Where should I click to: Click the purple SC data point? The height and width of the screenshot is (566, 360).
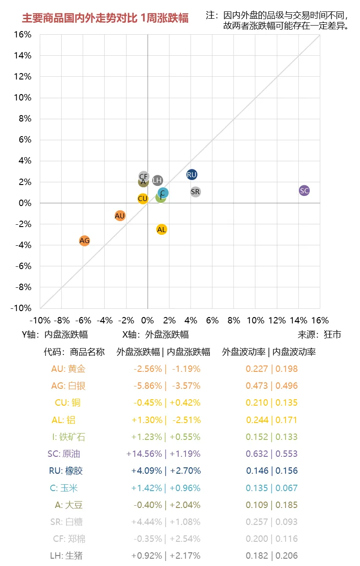304,190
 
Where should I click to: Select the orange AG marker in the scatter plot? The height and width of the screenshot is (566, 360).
85,240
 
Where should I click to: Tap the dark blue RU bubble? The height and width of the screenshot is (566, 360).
192,175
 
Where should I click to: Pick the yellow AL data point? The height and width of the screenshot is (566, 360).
161,229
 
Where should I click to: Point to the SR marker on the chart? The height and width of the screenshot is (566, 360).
196,192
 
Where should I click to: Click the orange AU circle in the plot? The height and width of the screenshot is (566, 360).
120,216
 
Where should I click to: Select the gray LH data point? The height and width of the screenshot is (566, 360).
158,180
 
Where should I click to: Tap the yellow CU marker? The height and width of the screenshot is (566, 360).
143,199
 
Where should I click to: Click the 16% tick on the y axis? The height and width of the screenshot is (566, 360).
23,35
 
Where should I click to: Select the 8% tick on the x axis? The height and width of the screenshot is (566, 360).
233,320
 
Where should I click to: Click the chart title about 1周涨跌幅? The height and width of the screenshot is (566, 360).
105,18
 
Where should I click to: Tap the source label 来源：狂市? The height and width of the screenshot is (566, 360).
319,334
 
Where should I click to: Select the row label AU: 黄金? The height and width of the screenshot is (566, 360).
68,369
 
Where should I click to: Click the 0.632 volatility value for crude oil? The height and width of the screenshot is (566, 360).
257,454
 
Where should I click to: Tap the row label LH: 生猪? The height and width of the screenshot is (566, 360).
66,556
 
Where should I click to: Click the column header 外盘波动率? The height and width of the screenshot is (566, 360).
244,352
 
